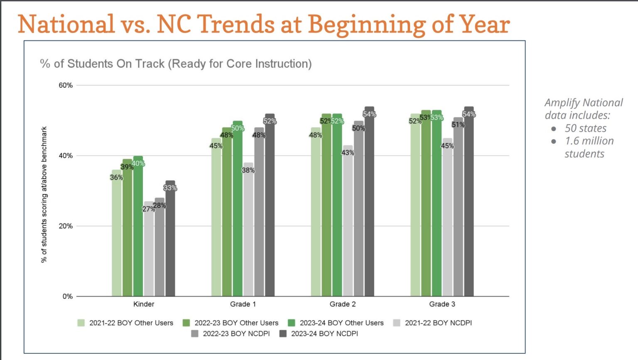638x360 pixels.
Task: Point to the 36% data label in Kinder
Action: click(x=116, y=177)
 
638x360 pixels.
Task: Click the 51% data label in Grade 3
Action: click(x=458, y=125)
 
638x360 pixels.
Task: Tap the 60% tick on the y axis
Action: click(x=66, y=85)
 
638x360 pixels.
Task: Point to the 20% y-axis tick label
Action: click(x=66, y=226)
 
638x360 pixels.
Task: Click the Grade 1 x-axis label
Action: click(x=243, y=304)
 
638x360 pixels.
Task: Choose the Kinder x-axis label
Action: click(x=144, y=304)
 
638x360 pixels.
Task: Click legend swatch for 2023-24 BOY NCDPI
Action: click(x=283, y=333)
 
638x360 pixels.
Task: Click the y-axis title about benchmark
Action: click(x=44, y=194)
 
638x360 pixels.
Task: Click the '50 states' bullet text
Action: click(x=585, y=128)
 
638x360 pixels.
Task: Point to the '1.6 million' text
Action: click(x=589, y=141)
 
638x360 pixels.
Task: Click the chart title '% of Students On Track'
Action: click(x=175, y=64)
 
